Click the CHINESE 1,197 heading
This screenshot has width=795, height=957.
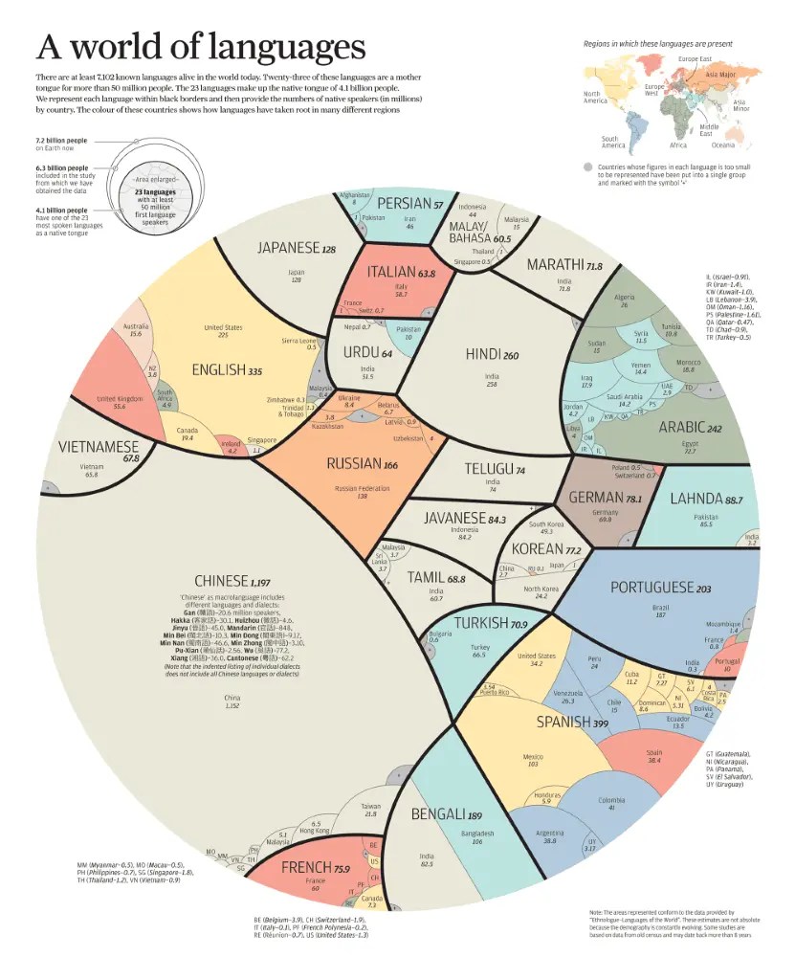(233, 581)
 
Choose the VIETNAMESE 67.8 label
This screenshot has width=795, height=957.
(99, 449)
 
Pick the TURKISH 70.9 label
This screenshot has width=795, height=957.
(493, 624)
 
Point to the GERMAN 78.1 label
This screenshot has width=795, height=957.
(605, 498)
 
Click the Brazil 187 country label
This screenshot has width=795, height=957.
(660, 612)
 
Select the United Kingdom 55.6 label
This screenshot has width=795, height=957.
(119, 402)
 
